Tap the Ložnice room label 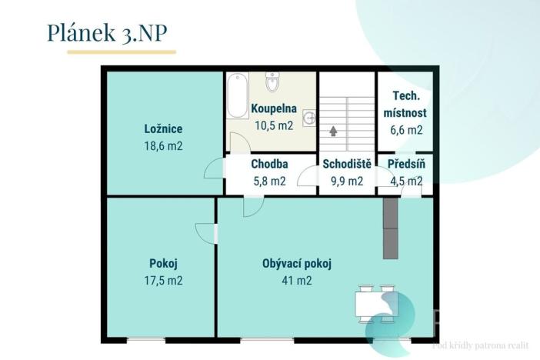pos(163,129)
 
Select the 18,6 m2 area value pos(163,145)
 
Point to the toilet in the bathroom pos(272,81)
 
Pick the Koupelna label pos(273,109)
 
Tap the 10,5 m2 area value pos(273,125)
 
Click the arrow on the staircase pos(333,132)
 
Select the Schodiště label pos(347,164)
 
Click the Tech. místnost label pos(404,105)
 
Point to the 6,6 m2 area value pos(404,130)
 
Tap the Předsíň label pos(406,164)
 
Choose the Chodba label pos(269,164)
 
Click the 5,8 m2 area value pos(269,182)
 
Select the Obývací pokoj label pos(296,264)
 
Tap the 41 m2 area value pos(296,281)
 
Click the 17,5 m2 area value pos(165,281)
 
